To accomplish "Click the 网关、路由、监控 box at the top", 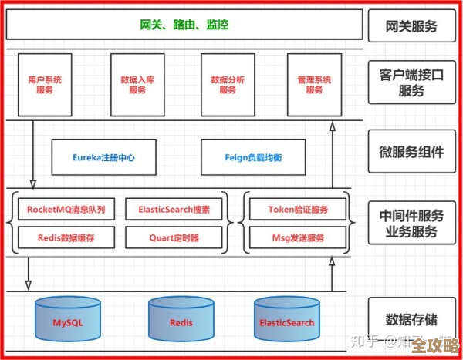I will (x=184, y=25).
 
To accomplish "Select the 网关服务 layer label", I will (x=411, y=26).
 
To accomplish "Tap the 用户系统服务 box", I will (x=45, y=84).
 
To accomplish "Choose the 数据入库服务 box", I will (x=137, y=84).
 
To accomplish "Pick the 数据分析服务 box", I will (x=228, y=84).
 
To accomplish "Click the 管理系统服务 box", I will (x=314, y=84).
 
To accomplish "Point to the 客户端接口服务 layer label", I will (x=411, y=82).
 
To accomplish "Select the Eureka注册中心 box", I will (x=104, y=157).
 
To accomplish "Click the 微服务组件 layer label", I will (x=411, y=152).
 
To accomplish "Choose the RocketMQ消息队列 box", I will (x=66, y=209).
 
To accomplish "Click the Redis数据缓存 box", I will (x=66, y=237).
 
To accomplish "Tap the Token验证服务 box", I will (x=298, y=209).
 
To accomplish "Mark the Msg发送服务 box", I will (x=298, y=237).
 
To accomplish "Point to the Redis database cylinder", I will (x=181, y=321).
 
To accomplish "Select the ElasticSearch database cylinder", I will (x=287, y=321).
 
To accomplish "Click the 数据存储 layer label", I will (x=411, y=318).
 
